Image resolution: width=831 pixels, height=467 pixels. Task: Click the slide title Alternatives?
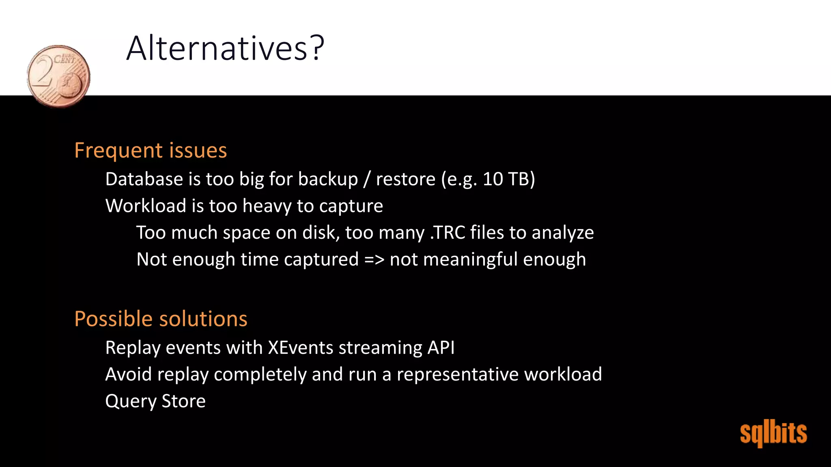[x=225, y=48]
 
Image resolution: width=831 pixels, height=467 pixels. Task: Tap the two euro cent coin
[x=59, y=76]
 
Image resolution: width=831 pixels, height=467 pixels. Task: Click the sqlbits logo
[x=773, y=433]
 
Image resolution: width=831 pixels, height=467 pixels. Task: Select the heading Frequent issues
[x=151, y=150]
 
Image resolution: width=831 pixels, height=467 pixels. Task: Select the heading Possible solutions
[x=161, y=319]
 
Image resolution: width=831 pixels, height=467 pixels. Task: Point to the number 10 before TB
[x=493, y=179]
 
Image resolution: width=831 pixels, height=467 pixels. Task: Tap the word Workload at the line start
[x=146, y=206]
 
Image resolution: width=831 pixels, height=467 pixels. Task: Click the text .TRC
[x=447, y=233]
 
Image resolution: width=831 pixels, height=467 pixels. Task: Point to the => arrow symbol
[x=374, y=259]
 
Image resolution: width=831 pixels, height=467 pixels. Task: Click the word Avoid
[x=129, y=374]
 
